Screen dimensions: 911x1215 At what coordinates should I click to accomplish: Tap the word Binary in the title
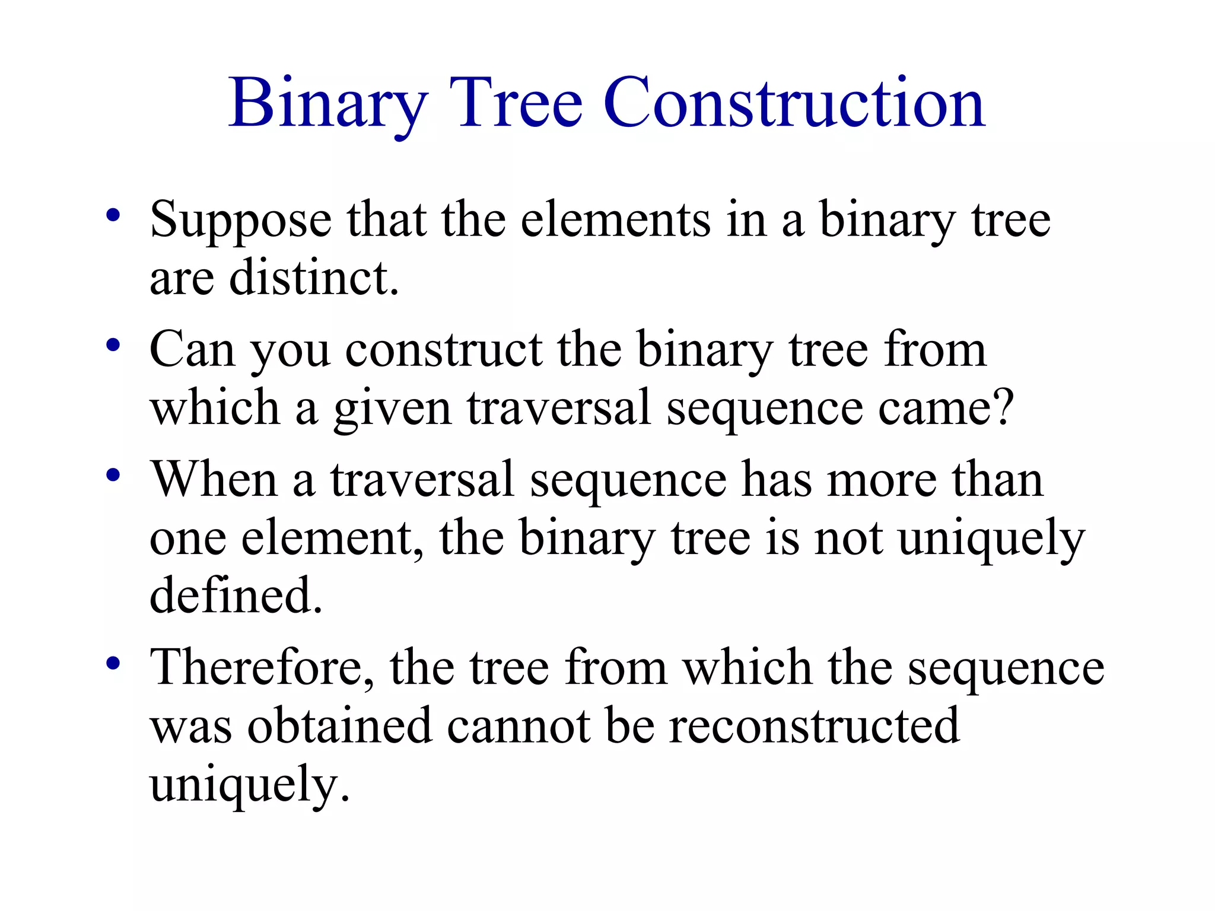tap(328, 104)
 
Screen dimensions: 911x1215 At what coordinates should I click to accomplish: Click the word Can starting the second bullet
tap(192, 350)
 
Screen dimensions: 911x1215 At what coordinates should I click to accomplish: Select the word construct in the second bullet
tap(444, 350)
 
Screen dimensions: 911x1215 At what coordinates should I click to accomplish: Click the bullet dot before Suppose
tap(113, 215)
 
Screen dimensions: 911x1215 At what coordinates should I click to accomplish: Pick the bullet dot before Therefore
tap(113, 663)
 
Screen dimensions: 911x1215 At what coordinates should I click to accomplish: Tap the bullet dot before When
tap(113, 474)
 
